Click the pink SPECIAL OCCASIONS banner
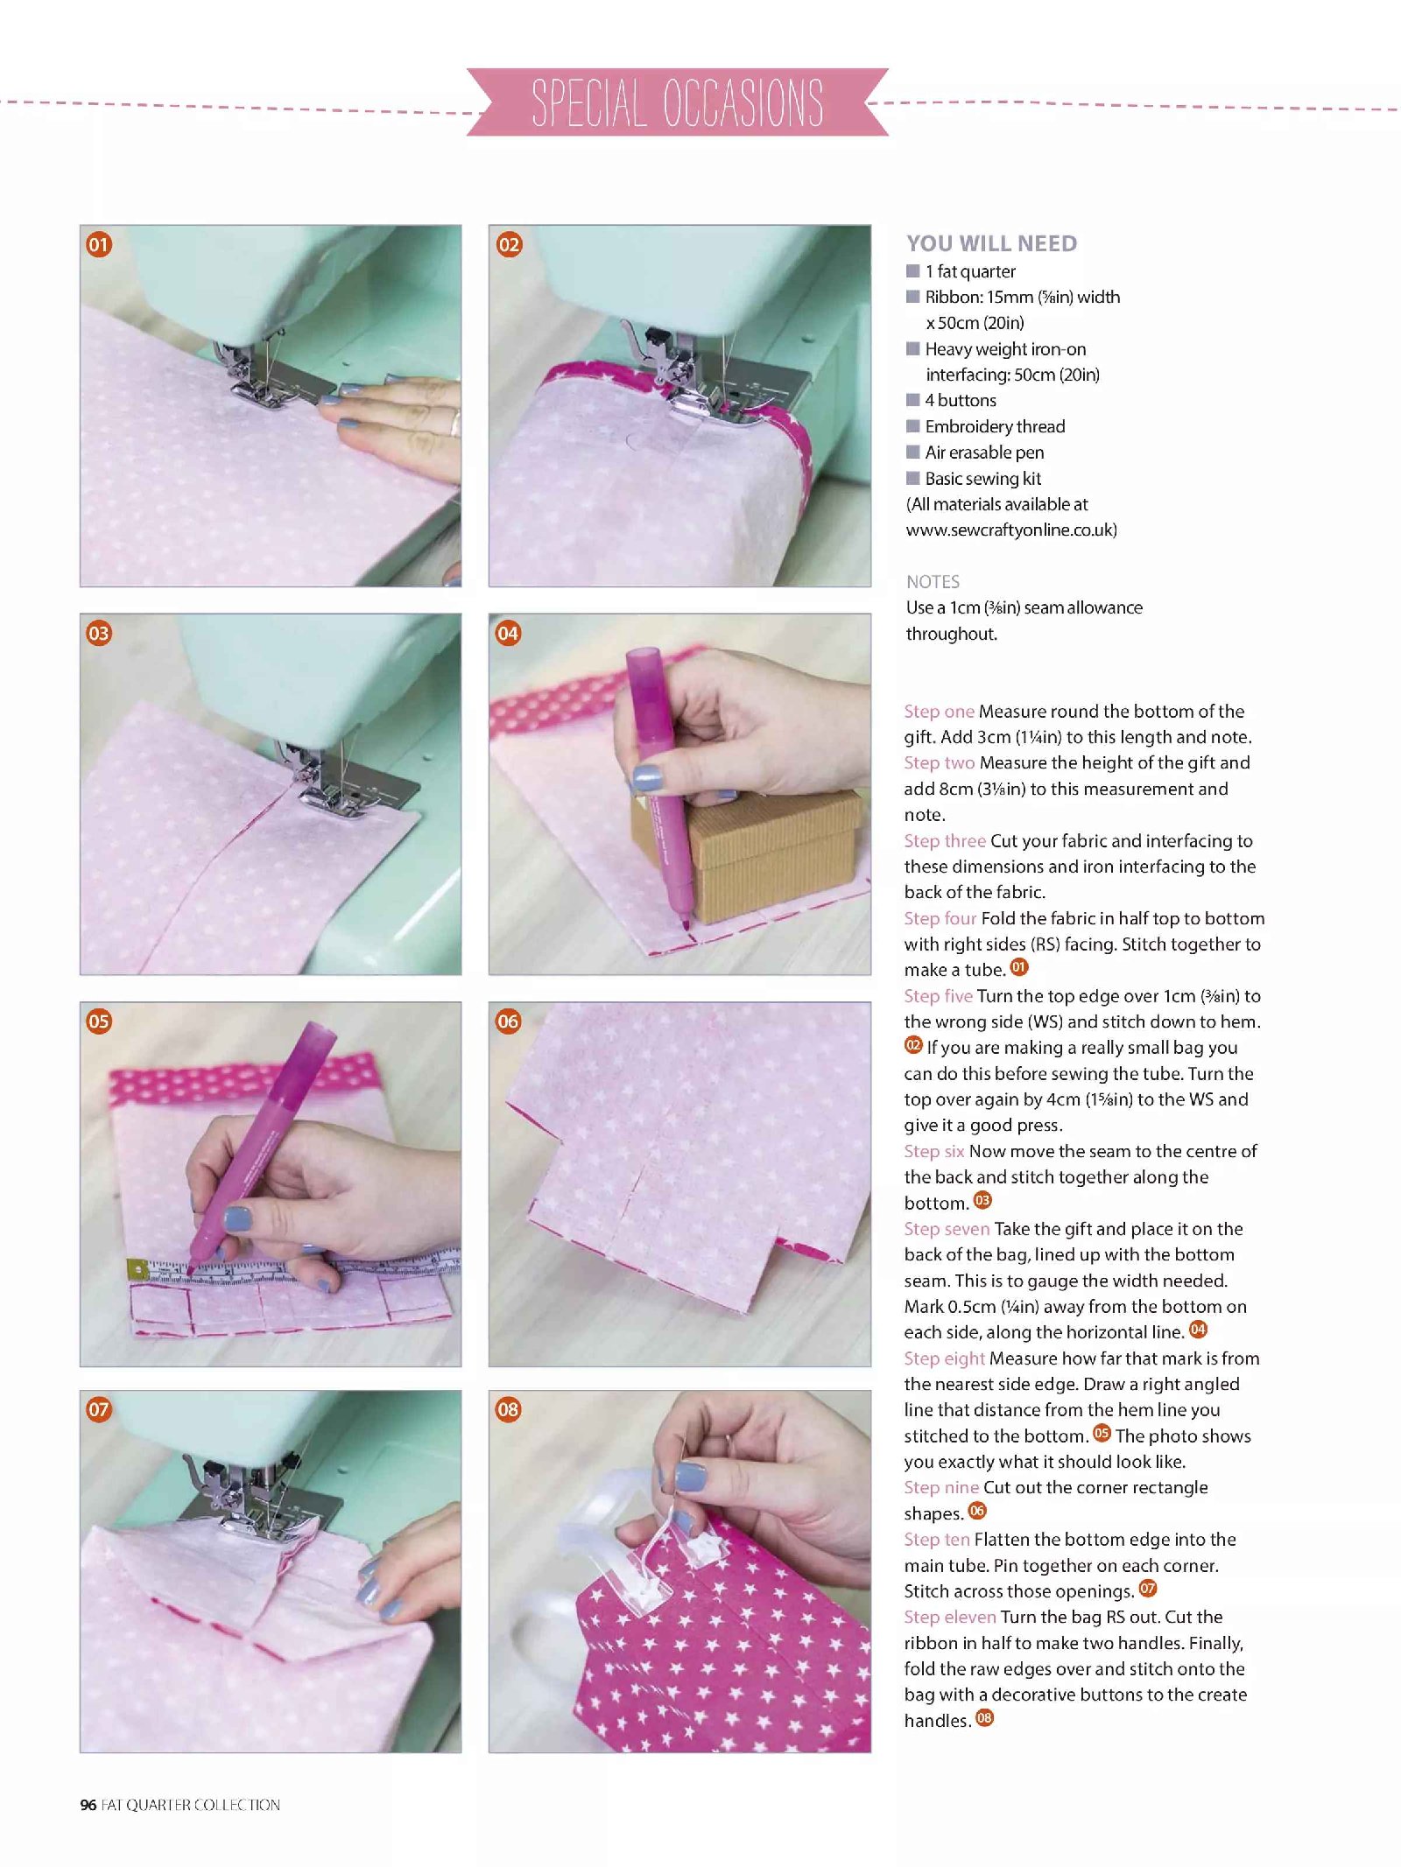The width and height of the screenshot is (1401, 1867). point(678,102)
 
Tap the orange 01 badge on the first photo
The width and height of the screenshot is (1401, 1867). point(99,244)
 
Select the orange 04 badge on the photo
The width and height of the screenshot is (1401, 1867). point(508,633)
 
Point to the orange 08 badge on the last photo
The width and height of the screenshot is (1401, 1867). point(508,1409)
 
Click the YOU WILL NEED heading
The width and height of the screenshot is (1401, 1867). point(991,243)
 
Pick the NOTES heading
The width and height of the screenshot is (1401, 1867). point(933,582)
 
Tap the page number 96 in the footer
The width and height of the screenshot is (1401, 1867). point(88,1805)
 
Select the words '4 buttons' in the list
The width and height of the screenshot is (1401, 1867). point(961,400)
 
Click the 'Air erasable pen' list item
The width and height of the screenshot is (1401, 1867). point(984,453)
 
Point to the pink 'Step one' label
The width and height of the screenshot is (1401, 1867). point(939,711)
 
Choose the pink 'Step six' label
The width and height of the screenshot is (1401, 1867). point(933,1151)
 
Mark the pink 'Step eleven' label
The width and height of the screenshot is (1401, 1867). point(950,1617)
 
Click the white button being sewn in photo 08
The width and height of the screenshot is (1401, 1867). point(701,1549)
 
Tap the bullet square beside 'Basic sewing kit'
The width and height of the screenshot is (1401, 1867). point(913,478)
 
